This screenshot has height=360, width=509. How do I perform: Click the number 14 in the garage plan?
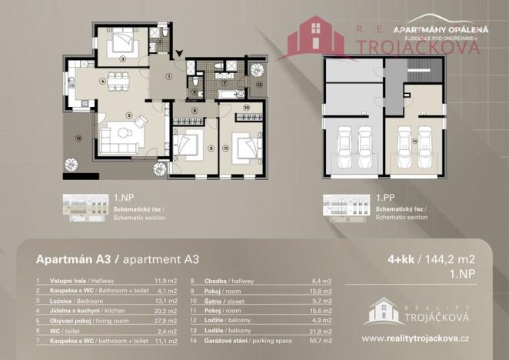tap(414, 141)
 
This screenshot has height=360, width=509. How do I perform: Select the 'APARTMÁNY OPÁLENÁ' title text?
tap(435, 29)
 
